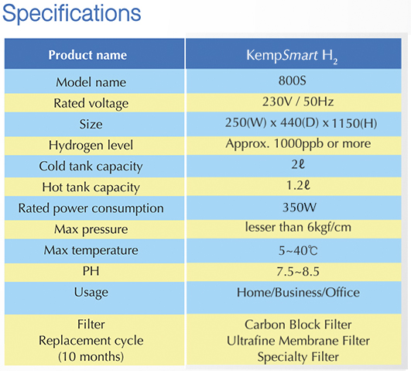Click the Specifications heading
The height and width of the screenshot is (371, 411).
pos(71,13)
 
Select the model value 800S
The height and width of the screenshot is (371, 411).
pos(293,81)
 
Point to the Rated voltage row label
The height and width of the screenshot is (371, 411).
pos(91,103)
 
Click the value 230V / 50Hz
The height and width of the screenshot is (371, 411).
pos(298,101)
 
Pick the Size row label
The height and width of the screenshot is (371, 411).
pos(91,124)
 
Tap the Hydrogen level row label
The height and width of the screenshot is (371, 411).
pos(91,146)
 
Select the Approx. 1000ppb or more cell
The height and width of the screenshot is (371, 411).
pos(298,144)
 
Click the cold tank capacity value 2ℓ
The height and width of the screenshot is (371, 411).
pos(298,164)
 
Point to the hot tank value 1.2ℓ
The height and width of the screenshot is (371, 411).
pos(298,185)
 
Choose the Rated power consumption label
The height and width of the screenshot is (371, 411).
pos(91,208)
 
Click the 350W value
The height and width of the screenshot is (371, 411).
pos(299,208)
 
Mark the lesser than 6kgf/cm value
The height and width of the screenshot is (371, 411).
pos(298,227)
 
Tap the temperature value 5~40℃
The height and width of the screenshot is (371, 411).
pos(298,251)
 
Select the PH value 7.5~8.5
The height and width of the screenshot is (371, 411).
pos(298,272)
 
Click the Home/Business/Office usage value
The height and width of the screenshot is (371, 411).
pos(298,293)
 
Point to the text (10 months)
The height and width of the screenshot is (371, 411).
pos(91,356)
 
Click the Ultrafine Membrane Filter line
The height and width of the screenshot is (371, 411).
pos(298,341)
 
